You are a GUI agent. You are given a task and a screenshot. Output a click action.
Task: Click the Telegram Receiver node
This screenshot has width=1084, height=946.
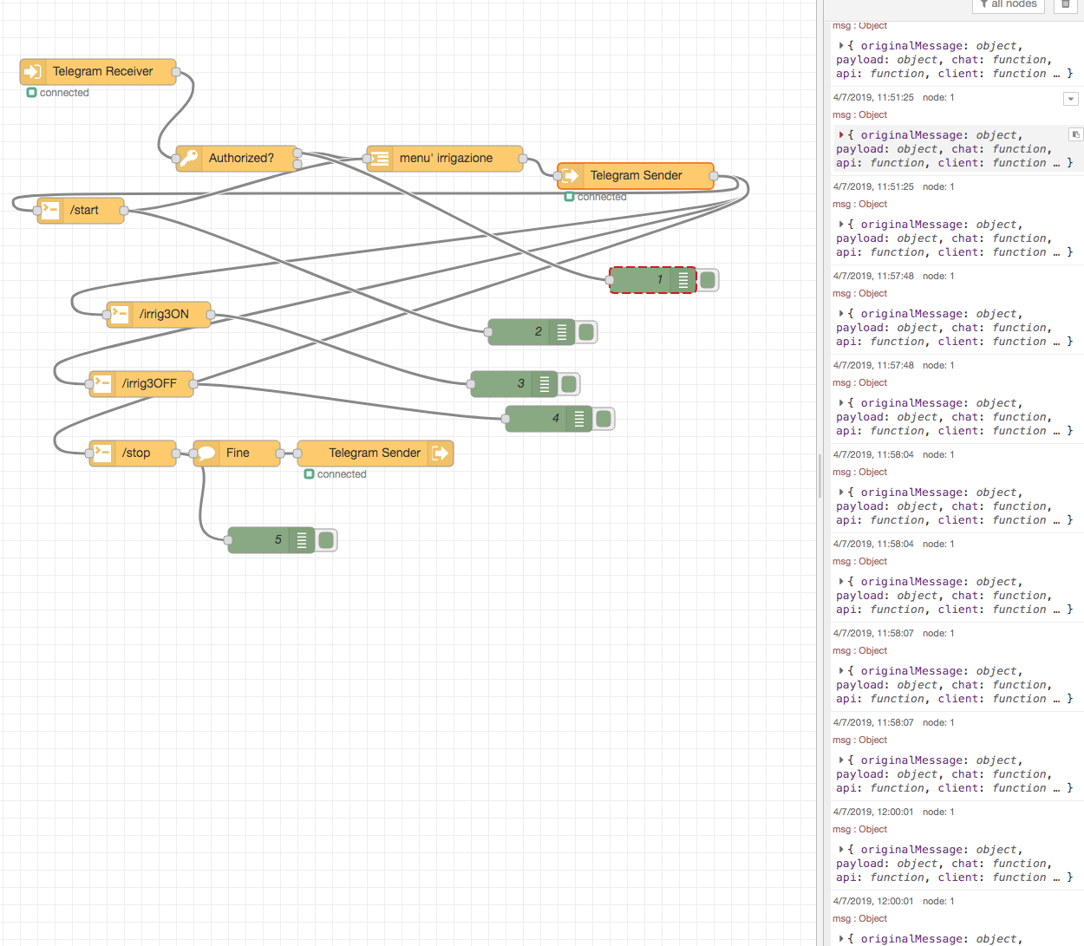point(101,72)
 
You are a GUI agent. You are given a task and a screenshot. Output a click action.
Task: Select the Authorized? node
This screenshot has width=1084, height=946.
point(240,159)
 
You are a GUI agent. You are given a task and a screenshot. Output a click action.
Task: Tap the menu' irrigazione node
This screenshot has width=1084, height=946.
point(445,159)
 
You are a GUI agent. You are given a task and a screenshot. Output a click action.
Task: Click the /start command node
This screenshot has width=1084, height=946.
point(83,211)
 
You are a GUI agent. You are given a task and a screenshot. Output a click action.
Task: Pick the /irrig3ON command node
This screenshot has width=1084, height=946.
point(163,315)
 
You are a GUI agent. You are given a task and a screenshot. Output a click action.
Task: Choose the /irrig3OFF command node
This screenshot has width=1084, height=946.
point(148,384)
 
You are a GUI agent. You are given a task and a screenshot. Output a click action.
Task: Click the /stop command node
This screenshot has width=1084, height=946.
point(135,453)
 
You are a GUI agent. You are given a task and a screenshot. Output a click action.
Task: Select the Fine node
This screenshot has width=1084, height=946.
point(237,453)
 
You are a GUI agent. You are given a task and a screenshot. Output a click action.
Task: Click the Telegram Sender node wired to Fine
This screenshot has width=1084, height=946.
point(375,453)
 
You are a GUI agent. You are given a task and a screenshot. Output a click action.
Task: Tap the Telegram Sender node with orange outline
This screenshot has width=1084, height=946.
point(636,176)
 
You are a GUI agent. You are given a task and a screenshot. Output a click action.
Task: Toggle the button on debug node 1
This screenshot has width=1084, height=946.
point(708,280)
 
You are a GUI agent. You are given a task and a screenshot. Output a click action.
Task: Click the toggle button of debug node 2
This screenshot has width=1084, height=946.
point(586,332)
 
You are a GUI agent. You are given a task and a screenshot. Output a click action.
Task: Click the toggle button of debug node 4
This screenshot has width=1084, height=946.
point(604,419)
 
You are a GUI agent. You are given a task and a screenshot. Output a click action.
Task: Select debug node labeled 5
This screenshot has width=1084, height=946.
point(269,540)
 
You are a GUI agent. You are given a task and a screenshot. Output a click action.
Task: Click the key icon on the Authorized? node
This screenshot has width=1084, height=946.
point(190,159)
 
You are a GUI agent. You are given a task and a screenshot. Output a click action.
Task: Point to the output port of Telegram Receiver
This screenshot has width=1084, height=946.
point(176,72)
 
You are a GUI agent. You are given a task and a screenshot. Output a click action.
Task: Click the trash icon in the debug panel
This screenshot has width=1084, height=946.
point(1066,4)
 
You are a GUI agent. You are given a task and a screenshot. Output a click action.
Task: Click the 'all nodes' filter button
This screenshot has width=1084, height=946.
point(1008,4)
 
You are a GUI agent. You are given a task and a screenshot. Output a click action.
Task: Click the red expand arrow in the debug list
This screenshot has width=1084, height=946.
point(841,135)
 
